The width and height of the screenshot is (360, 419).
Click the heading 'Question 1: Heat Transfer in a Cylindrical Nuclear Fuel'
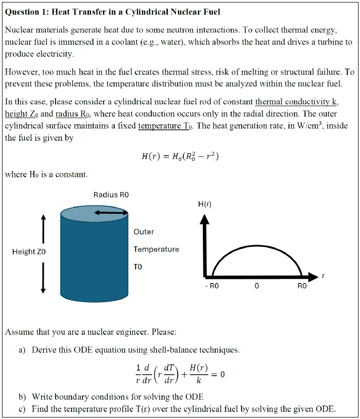112,11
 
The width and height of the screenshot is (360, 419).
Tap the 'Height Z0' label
29,251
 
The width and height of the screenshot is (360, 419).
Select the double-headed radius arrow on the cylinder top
111,213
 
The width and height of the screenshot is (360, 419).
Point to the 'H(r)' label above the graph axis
205,204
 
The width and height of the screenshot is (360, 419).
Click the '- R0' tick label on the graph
211,286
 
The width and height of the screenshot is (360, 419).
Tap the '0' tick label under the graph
256,286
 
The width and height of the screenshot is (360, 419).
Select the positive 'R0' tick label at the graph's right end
302,286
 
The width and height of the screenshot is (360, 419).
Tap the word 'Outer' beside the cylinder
144,232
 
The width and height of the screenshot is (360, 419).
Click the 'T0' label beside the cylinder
138,266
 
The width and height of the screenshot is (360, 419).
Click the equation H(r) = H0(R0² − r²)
180,157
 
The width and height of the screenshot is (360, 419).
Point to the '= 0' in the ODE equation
220,374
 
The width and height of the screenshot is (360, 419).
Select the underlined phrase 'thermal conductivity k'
296,102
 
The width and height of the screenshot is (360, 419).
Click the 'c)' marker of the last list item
22,409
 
